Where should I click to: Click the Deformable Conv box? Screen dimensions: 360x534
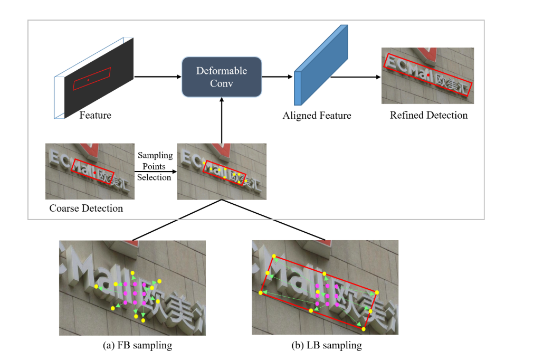coord(222,77)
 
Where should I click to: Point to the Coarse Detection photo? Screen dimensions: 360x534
coord(90,171)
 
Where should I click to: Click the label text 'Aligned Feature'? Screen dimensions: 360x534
coord(317,116)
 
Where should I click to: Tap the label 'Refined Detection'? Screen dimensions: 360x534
coord(428,116)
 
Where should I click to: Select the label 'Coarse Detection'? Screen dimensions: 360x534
coord(86,209)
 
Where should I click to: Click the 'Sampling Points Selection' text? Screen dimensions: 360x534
coord(155,166)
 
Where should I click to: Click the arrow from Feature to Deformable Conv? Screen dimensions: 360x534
coord(158,77)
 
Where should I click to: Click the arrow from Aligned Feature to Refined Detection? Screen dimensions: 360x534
coord(356,77)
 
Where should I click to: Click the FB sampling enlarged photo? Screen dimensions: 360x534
coord(132,288)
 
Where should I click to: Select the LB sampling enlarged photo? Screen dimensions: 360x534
coord(325,288)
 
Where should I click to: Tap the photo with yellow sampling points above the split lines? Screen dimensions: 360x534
coord(222,171)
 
